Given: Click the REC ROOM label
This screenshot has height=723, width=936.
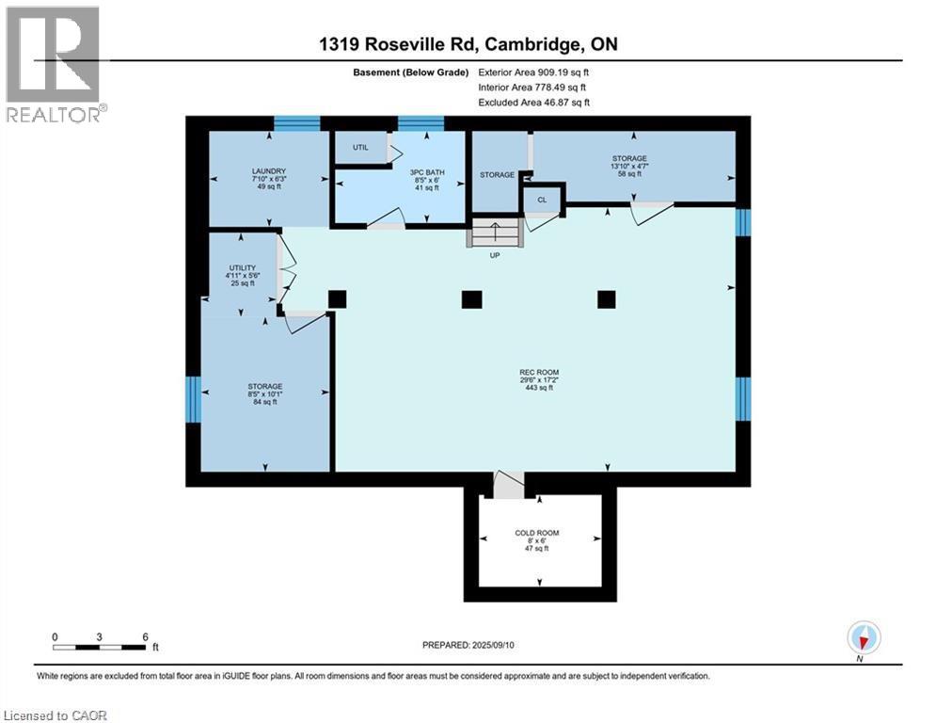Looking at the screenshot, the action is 539,372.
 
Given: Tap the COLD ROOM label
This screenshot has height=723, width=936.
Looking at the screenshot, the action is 537,533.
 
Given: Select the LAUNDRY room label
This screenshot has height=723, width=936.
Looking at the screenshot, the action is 269,171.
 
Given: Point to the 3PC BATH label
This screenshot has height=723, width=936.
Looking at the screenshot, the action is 427,172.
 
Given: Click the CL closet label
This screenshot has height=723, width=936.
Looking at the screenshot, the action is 542,201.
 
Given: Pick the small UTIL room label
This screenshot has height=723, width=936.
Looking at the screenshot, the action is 360,148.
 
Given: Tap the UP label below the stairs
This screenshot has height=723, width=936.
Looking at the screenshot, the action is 495,255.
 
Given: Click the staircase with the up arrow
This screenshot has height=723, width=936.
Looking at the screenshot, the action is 495,233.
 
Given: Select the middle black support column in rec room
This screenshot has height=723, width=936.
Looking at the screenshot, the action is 471,299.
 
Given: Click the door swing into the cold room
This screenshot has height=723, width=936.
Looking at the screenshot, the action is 508,483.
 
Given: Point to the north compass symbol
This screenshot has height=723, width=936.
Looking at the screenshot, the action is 864,637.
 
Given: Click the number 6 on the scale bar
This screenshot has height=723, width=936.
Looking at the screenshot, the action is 145,637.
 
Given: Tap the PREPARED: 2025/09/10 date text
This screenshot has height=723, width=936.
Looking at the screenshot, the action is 468,645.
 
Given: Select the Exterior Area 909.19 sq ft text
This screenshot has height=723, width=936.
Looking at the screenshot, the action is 533,72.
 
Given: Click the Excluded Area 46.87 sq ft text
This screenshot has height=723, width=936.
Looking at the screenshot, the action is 534,103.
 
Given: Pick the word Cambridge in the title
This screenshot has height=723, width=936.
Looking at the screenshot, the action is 531,44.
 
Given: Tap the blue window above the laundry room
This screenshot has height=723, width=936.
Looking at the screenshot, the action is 297,123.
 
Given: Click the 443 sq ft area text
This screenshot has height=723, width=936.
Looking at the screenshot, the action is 539,388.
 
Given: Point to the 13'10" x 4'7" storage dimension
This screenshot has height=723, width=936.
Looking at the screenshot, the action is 629,166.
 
